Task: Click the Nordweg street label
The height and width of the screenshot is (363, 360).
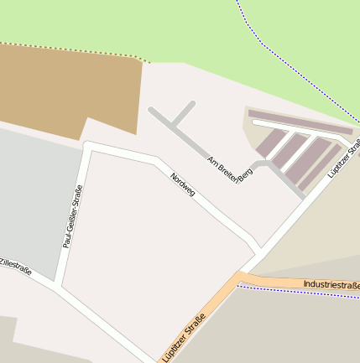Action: [182, 184]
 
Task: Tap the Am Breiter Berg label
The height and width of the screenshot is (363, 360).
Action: [229, 169]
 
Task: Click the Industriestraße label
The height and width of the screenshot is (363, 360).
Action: [331, 286]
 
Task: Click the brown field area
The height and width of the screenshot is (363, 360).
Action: [67, 88]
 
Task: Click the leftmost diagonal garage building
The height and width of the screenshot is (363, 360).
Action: [271, 143]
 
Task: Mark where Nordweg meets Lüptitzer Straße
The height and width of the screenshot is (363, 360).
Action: [258, 249]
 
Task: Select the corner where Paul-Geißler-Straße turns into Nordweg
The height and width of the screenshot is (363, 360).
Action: [87, 146]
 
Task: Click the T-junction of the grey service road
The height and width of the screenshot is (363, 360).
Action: [174, 125]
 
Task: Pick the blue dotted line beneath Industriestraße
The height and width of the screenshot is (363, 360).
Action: [294, 292]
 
